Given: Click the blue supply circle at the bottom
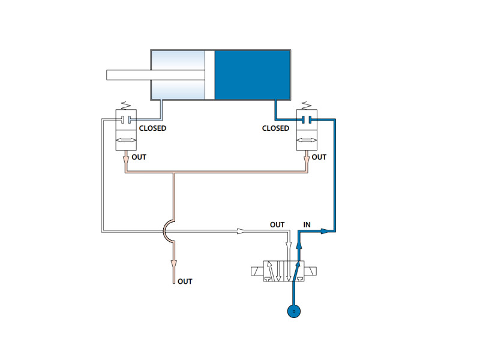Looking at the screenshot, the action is [x=294, y=311].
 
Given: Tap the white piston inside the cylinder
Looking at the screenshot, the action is [x=209, y=75].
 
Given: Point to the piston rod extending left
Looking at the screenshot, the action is [x=155, y=75].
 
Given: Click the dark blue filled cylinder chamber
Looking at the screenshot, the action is [x=252, y=75].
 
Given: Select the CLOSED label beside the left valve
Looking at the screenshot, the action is [x=152, y=128].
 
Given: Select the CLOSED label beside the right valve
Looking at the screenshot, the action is [x=275, y=128].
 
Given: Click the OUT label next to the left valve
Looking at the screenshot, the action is [x=139, y=157].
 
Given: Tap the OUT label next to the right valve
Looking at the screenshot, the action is [x=319, y=157].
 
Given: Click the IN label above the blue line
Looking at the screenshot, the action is [x=307, y=224].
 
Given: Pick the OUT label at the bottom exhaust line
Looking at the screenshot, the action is [x=185, y=281].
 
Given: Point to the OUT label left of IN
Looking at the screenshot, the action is [x=277, y=224].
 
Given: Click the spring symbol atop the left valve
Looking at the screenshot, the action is [x=126, y=106].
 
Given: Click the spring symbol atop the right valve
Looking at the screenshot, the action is [x=307, y=106].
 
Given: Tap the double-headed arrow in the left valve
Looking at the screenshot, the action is [x=126, y=140].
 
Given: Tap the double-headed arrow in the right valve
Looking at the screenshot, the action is [x=307, y=140].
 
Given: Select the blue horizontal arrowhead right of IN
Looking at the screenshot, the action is [x=325, y=231].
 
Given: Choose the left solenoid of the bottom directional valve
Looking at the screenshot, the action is [x=257, y=271].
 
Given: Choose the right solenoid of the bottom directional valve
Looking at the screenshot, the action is [x=310, y=271].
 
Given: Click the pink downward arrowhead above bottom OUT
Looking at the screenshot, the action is [x=174, y=264].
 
